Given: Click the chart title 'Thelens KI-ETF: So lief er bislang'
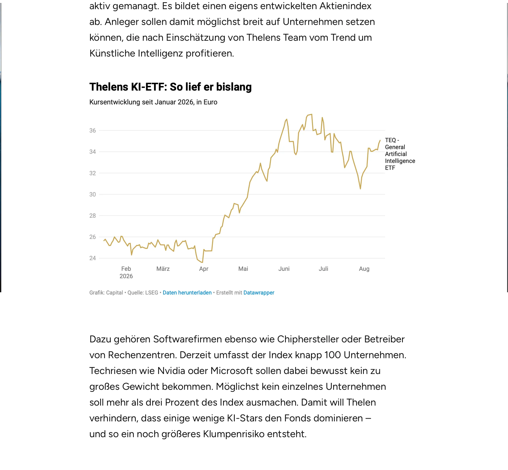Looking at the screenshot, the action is [170, 87].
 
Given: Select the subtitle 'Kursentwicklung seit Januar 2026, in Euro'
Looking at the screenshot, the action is [153, 102].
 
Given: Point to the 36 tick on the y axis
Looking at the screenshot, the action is [93, 131].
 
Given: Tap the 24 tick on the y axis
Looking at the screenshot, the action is [93, 258].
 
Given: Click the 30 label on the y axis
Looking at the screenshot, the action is [93, 194].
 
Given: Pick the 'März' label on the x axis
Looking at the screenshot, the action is [163, 269].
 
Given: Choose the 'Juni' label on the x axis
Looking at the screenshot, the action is [284, 269].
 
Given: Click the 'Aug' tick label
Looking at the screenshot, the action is [364, 269].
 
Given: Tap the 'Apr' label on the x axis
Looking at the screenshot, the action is [204, 269].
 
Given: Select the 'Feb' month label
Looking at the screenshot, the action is [126, 269].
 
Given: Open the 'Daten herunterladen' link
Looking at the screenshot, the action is [187, 293].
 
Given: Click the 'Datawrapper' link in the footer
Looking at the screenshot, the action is [259, 293].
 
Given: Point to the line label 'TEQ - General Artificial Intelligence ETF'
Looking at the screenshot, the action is [400, 154].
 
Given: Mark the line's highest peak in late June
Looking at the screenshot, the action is [312, 115].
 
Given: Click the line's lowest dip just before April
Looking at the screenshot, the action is [202, 262].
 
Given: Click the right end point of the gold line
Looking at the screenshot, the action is [380, 140].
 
